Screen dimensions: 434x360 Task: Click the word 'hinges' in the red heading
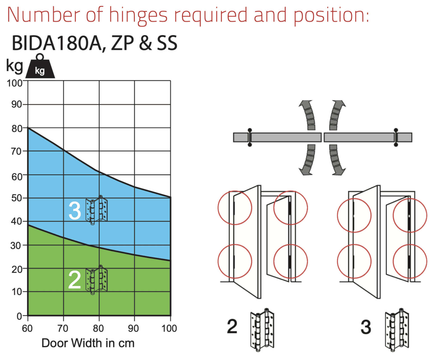pyautogui.click(x=138, y=16)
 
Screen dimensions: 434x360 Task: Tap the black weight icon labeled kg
pyautogui.click(x=40, y=66)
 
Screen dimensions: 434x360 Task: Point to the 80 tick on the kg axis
pyautogui.click(x=17, y=129)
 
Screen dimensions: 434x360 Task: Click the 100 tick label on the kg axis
pyautogui.click(x=15, y=83)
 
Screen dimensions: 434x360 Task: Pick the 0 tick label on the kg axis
pyautogui.click(x=20, y=316)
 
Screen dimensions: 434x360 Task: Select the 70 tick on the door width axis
pyautogui.click(x=63, y=329)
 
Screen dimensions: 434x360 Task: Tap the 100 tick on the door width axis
pyautogui.click(x=169, y=329)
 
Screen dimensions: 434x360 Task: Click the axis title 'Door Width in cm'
pyautogui.click(x=88, y=343)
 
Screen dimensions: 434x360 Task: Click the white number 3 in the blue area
pyautogui.click(x=75, y=211)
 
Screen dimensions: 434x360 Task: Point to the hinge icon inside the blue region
pyautogui.click(x=96, y=210)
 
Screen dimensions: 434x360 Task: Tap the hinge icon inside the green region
pyautogui.click(x=96, y=280)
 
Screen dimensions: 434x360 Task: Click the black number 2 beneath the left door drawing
pyautogui.click(x=232, y=327)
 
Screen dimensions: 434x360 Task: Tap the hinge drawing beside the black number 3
pyautogui.click(x=397, y=330)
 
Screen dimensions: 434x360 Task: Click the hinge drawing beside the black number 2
pyautogui.click(x=262, y=330)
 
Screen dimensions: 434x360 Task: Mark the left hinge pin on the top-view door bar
pyautogui.click(x=250, y=137)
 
